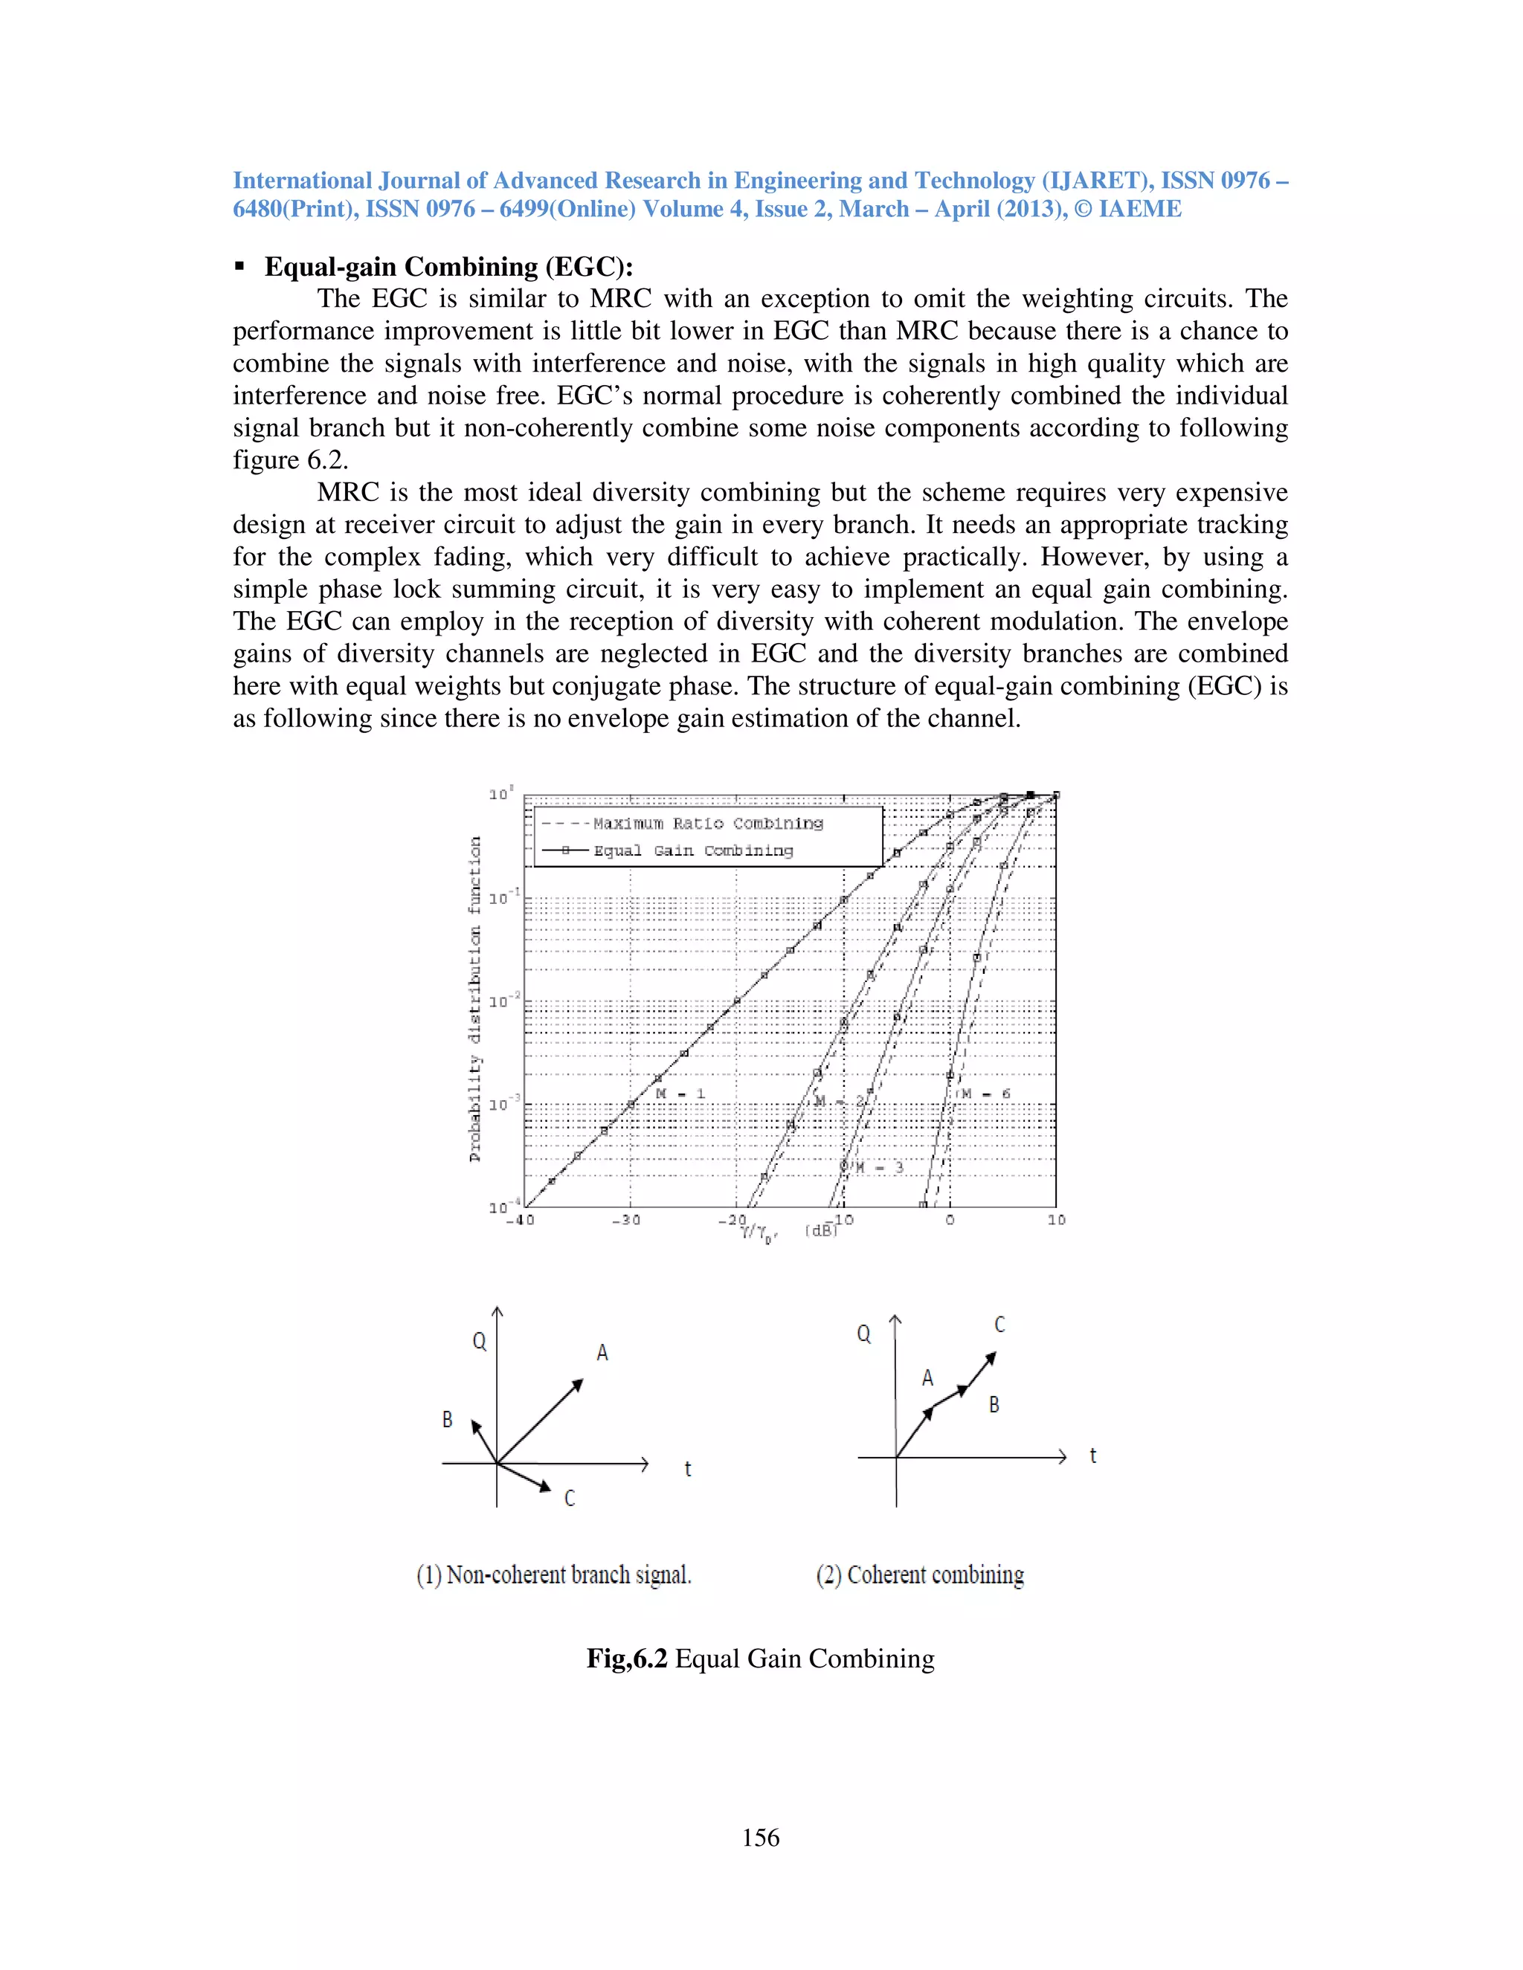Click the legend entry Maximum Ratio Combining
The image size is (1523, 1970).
click(x=707, y=824)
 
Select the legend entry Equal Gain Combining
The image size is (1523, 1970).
click(x=693, y=850)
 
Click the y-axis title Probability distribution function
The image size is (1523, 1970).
click(x=475, y=999)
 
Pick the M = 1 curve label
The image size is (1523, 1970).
click(x=680, y=1094)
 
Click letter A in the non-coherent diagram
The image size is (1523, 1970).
click(x=602, y=1353)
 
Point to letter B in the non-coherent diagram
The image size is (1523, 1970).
click(x=447, y=1420)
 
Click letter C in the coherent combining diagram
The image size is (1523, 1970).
click(x=999, y=1324)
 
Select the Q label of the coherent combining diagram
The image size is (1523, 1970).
click(x=863, y=1334)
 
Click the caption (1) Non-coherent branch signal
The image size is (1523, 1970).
click(x=553, y=1575)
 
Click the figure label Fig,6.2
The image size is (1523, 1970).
click(x=626, y=1659)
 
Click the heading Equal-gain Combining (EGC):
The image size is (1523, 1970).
click(x=448, y=267)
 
